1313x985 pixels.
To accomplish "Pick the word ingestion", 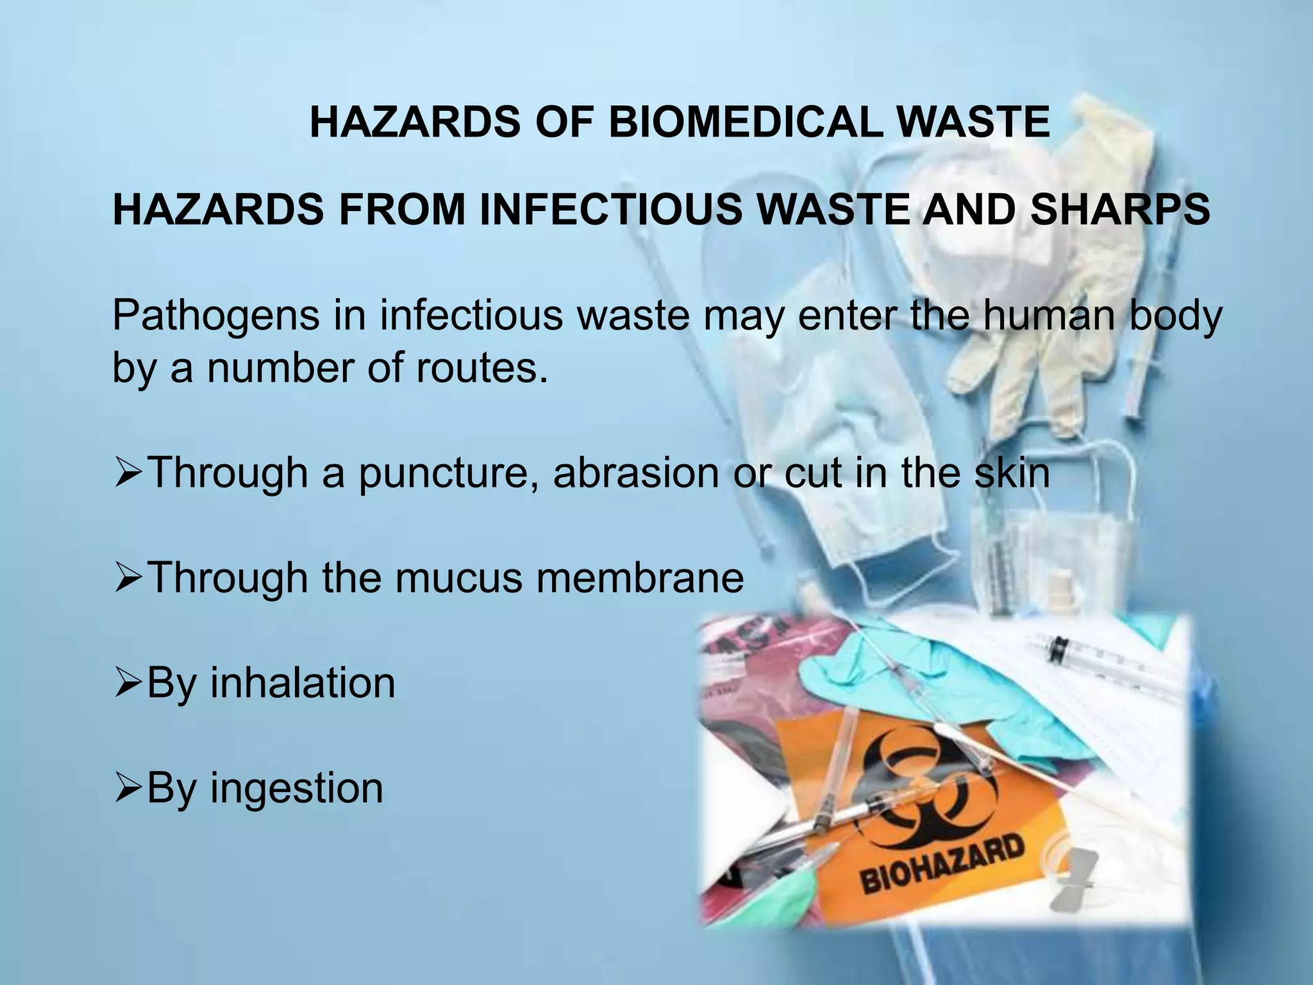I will pos(297,788).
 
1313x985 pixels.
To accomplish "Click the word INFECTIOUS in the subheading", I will pos(603,210).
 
